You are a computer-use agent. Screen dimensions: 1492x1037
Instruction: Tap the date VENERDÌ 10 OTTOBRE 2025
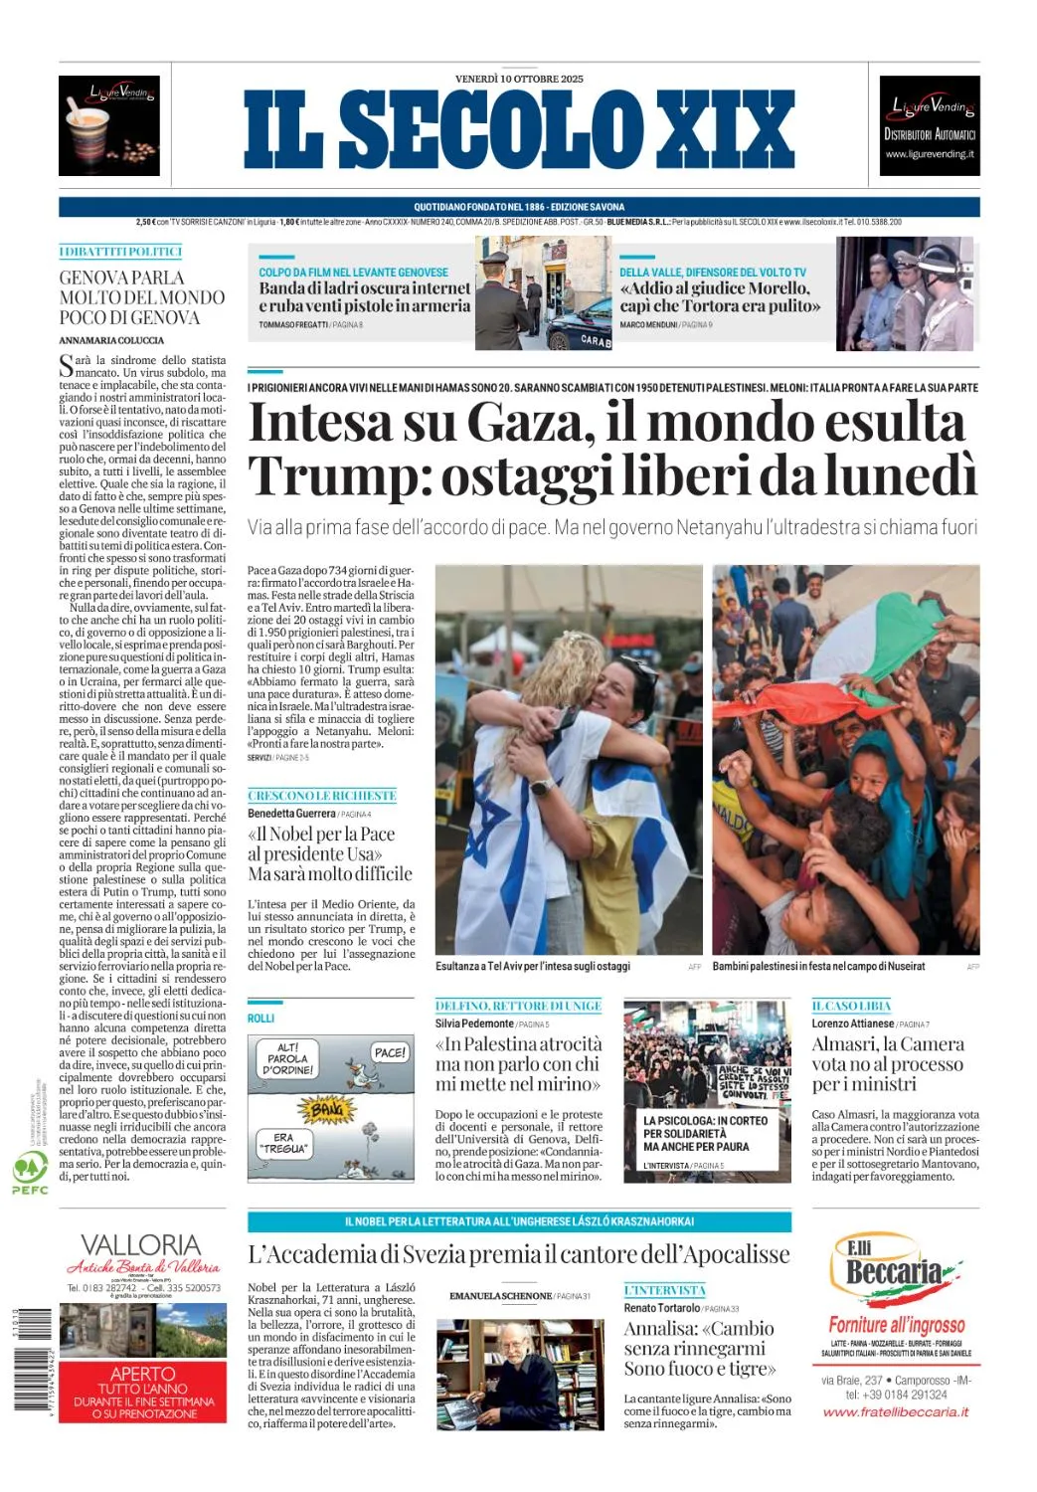519,79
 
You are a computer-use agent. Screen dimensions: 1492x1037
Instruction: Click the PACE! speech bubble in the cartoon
390,1052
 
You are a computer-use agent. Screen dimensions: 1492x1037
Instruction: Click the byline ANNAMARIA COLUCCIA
111,340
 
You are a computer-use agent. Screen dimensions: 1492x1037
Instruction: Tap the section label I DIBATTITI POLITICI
120,252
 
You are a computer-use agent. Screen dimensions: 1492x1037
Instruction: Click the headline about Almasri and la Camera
888,1063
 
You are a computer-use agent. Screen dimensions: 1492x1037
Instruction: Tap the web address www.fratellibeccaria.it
896,1411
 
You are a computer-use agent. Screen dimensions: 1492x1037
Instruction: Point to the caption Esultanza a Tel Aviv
533,966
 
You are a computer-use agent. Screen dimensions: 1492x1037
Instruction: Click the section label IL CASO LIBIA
851,1006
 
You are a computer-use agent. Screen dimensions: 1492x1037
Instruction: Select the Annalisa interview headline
700,1349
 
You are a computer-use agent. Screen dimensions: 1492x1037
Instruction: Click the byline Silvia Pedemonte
475,1024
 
